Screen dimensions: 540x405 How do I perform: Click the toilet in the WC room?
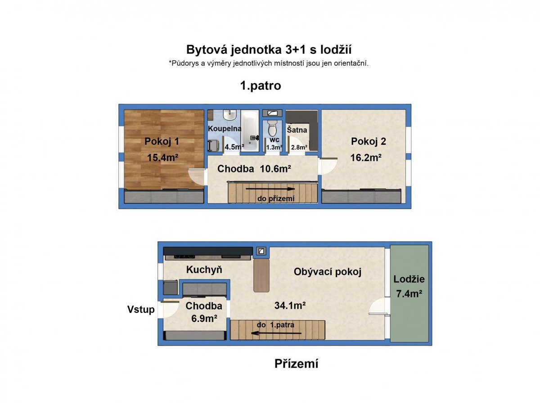point(272,128)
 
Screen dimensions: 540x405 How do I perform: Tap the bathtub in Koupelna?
point(250,130)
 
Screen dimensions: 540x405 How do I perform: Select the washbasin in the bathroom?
point(230,115)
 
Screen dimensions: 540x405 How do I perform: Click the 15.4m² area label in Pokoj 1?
point(162,157)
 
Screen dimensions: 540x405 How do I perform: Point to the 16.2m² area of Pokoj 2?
point(366,157)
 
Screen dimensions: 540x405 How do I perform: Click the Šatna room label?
point(297,130)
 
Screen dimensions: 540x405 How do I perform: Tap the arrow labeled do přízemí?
point(270,189)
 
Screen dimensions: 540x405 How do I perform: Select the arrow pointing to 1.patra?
point(276,333)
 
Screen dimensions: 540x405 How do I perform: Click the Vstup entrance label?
point(141,309)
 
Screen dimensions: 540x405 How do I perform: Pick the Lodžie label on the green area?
point(409,279)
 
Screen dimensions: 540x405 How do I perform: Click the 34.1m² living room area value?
point(290,306)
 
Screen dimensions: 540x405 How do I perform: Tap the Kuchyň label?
point(204,270)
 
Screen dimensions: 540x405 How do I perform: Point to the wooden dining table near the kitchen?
point(261,275)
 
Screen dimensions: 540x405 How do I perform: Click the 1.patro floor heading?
point(261,85)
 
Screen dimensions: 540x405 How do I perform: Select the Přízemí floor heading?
point(296,364)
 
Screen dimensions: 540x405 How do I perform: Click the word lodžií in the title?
point(336,49)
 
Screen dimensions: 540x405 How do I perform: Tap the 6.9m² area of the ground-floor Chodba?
point(204,319)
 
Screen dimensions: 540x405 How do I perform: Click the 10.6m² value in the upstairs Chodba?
point(275,169)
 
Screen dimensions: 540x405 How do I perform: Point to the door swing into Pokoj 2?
point(328,166)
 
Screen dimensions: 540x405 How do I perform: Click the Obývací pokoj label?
point(328,272)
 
